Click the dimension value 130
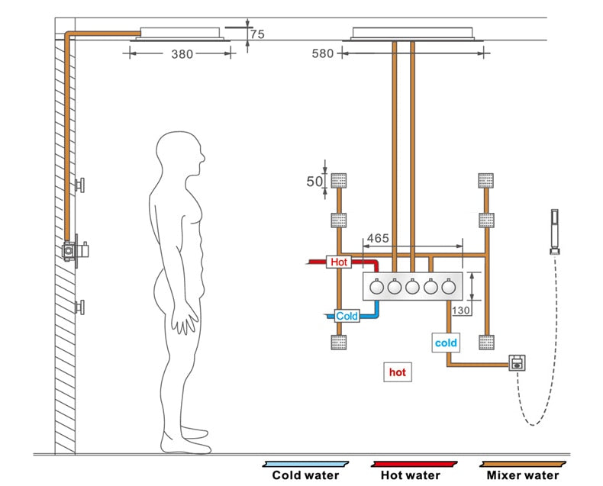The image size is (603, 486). click(461, 310)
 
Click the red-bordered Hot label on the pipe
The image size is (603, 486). click(339, 262)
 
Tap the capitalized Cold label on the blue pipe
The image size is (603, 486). click(346, 315)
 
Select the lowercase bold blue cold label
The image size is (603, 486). click(446, 343)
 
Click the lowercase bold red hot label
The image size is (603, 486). click(397, 372)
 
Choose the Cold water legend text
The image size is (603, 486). click(305, 475)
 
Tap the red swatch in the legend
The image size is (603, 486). click(414, 462)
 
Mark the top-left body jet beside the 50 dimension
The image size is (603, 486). click(339, 181)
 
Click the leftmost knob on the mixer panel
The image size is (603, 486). click(376, 288)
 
